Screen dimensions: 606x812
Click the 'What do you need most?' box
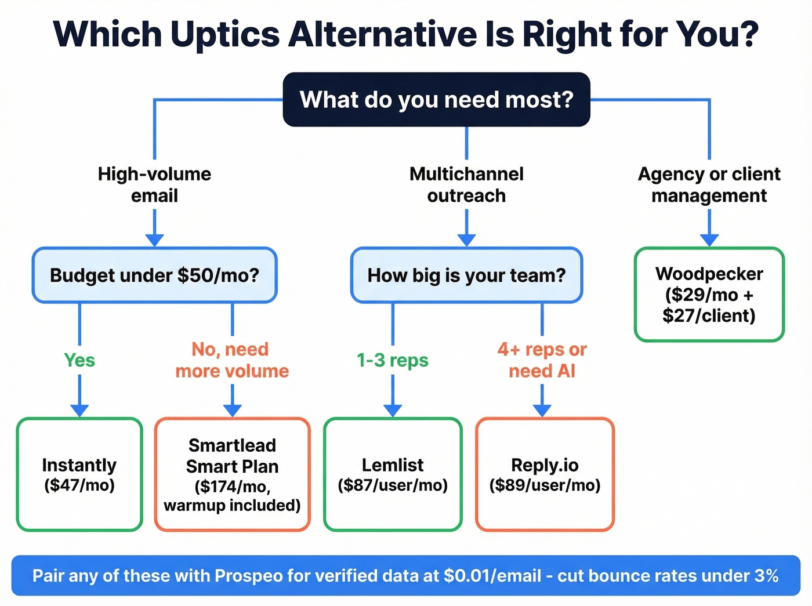tap(436, 100)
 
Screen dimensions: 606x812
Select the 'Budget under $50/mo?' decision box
tap(154, 275)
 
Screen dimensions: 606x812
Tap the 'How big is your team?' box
tap(466, 275)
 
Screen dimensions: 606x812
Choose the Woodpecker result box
tap(709, 295)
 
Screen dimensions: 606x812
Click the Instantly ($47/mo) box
tap(79, 474)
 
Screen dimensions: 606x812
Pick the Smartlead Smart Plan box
tap(232, 474)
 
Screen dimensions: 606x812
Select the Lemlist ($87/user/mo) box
tap(393, 474)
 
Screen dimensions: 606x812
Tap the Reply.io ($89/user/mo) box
tap(545, 474)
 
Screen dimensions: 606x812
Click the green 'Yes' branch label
tap(79, 360)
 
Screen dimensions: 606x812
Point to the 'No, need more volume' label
tap(232, 360)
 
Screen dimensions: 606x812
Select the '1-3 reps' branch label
tap(393, 360)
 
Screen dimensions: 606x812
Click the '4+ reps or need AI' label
tap(542, 360)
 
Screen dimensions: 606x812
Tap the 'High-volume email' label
tap(154, 184)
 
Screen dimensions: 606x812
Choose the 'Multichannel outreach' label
tap(466, 184)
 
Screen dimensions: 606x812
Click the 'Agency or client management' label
tap(709, 184)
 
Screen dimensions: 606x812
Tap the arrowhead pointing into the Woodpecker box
tap(709, 240)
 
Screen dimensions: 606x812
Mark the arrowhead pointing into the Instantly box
tap(79, 410)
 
